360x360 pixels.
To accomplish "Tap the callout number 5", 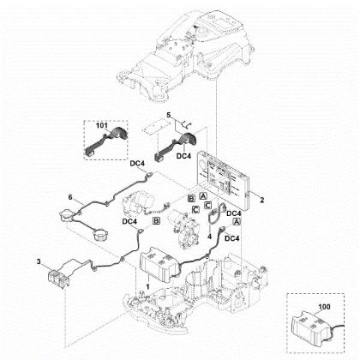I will pos(169,116).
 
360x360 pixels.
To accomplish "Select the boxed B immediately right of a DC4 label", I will pos(155,220).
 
